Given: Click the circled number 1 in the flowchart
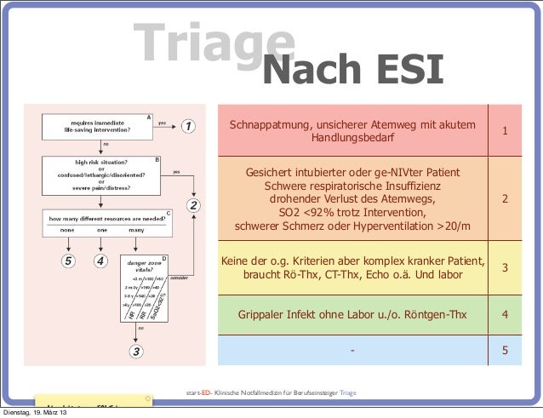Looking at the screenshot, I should click(188, 127).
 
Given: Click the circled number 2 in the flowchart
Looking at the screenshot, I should click(194, 205).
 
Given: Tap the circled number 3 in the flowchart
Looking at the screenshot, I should click(135, 349).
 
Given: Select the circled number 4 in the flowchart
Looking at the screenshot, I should click(100, 261).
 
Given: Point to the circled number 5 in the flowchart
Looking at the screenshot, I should click(67, 261).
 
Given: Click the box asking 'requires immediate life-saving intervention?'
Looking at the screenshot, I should click(97, 127).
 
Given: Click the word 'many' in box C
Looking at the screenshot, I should click(136, 230).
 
